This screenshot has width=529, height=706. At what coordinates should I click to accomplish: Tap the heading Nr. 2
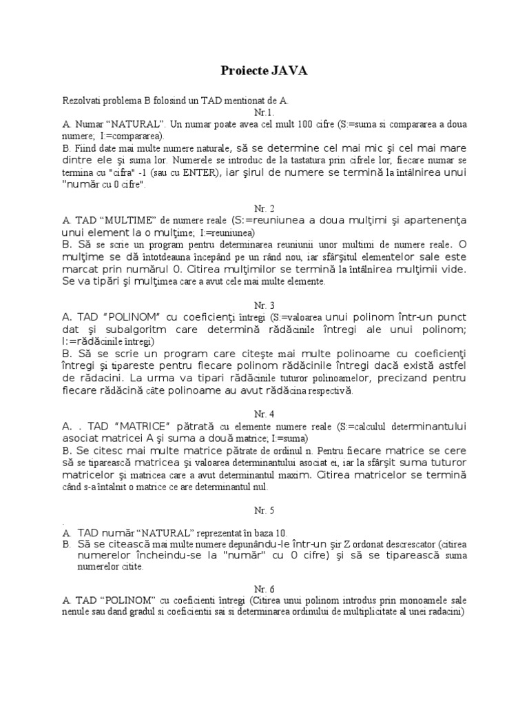pyautogui.click(x=264, y=208)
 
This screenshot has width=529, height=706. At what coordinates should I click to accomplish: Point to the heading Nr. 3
pyautogui.click(x=264, y=305)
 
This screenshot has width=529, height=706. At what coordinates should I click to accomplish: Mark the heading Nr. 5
pyautogui.click(x=264, y=511)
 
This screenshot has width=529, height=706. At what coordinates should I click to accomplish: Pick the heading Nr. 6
pyautogui.click(x=264, y=589)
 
